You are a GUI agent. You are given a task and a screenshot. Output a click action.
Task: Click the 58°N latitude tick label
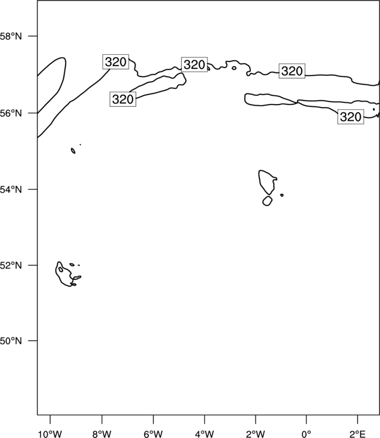point(11,36)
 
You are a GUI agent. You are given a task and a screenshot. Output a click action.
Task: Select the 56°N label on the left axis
point(11,113)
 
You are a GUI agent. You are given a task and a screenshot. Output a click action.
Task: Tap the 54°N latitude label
point(11,190)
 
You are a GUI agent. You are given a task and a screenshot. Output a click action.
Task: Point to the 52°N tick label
point(11,265)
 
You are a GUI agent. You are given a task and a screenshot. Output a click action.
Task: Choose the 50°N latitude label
point(11,341)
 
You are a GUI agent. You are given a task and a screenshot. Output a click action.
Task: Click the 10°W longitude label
point(50,434)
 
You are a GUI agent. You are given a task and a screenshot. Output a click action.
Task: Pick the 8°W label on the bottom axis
point(102,434)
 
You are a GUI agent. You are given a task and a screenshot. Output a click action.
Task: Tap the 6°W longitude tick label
point(153,434)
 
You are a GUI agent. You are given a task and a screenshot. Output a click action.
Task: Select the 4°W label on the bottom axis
point(205,434)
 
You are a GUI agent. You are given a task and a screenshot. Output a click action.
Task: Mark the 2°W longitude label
point(255,434)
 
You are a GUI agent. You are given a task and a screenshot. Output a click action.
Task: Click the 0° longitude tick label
point(306,434)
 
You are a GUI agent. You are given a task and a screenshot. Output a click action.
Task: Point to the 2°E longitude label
point(358,434)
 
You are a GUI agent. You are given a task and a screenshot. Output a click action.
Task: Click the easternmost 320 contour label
point(351,117)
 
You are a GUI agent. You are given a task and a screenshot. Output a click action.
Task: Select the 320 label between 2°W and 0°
point(292,71)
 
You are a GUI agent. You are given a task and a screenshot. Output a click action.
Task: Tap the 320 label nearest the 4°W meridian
point(194,64)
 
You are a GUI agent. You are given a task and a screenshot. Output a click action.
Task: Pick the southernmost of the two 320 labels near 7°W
point(123,99)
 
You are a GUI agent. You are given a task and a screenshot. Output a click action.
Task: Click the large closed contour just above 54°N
point(259,179)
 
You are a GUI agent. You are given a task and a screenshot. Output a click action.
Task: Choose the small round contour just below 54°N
point(267,196)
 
